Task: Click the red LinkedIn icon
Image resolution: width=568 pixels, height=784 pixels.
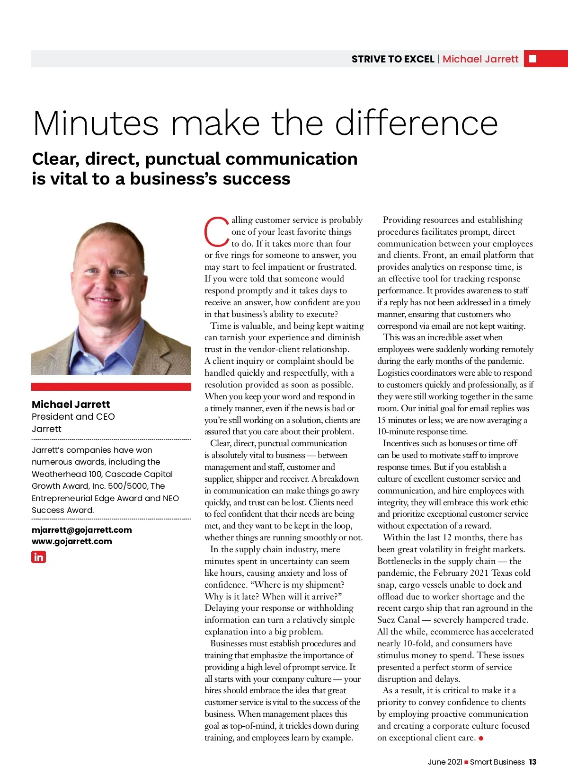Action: click(38, 557)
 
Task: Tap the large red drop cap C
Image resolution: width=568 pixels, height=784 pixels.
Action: click(217, 231)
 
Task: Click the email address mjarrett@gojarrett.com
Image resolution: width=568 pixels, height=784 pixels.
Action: click(82, 530)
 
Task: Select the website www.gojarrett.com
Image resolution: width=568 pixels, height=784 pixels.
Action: click(72, 541)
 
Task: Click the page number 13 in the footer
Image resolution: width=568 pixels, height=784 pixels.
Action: click(532, 762)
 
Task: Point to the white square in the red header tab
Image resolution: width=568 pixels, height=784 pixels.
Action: click(532, 59)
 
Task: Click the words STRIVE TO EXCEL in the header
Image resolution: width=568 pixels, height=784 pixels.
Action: click(393, 59)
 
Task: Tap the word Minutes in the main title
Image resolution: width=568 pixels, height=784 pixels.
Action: click(96, 124)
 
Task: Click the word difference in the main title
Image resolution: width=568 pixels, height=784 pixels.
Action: click(417, 123)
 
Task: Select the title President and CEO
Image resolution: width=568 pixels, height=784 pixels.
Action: click(73, 417)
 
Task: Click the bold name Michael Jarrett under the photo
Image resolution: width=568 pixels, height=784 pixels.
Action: click(71, 405)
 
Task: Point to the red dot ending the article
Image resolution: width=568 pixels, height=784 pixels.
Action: click(481, 739)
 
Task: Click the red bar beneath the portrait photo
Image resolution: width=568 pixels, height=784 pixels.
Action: click(111, 387)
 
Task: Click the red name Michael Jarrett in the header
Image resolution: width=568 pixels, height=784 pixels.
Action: click(480, 59)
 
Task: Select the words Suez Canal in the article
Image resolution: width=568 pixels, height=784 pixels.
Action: click(399, 620)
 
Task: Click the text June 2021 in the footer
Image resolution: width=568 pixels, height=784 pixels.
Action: click(445, 762)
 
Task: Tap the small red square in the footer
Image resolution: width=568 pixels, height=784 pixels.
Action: click(466, 762)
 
